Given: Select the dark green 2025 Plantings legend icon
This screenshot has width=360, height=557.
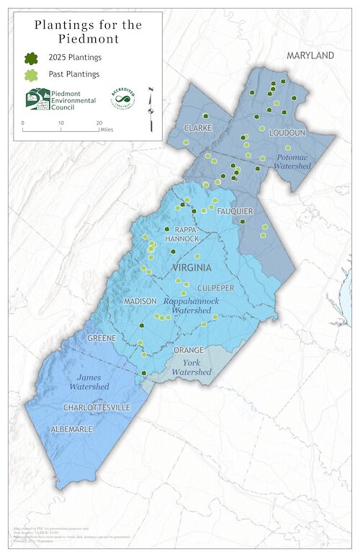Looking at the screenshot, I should point(32,58).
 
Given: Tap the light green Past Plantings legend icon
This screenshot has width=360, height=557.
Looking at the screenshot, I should point(32,74).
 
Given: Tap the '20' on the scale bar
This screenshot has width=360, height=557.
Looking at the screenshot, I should point(99,123).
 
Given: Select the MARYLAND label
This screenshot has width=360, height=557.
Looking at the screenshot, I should point(310,55).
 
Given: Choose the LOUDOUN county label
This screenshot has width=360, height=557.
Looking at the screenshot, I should point(287,133).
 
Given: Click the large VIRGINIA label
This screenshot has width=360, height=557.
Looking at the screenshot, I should point(192,267).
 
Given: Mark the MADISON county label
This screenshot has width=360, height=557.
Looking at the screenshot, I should point(140,300).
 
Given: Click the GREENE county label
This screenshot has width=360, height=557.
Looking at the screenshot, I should point(102,337).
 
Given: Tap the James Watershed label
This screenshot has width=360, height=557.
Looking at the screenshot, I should point(89,381).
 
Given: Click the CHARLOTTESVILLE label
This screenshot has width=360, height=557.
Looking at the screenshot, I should point(96,407).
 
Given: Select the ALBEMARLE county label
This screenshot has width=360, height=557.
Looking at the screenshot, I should point(71,429).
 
